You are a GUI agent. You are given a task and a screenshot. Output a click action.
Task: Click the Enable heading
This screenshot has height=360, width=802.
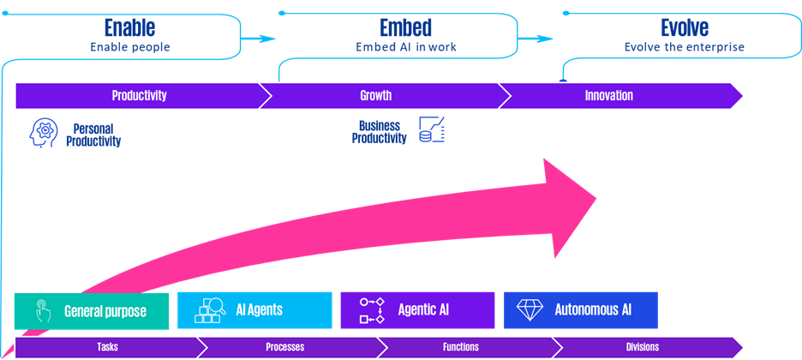click(129, 27)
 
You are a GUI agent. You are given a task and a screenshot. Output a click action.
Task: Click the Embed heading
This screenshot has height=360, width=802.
click(405, 27)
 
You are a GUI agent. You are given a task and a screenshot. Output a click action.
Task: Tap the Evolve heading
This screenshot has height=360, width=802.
click(684, 27)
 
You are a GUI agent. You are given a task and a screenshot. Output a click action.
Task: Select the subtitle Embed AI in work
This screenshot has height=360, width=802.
click(405, 47)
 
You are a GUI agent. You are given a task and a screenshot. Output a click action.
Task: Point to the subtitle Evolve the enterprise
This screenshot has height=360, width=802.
click(684, 47)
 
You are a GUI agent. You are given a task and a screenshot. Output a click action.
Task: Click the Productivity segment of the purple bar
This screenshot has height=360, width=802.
click(139, 96)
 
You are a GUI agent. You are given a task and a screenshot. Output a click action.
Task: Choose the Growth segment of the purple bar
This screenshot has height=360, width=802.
click(381, 96)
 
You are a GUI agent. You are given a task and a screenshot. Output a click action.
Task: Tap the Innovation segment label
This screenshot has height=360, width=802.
click(608, 96)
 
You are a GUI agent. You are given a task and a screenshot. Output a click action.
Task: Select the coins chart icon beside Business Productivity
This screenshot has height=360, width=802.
click(431, 129)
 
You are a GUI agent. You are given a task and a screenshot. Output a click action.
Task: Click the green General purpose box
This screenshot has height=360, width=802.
click(92, 310)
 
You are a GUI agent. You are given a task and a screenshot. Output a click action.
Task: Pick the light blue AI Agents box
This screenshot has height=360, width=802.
click(254, 310)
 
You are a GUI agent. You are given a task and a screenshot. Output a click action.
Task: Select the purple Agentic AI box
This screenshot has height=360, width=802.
click(417, 310)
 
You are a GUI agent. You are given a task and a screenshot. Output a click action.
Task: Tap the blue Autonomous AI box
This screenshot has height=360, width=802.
click(581, 310)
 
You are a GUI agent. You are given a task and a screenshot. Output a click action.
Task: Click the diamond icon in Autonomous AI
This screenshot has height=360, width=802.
click(529, 310)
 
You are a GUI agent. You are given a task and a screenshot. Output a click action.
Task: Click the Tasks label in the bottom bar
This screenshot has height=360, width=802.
click(107, 348)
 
